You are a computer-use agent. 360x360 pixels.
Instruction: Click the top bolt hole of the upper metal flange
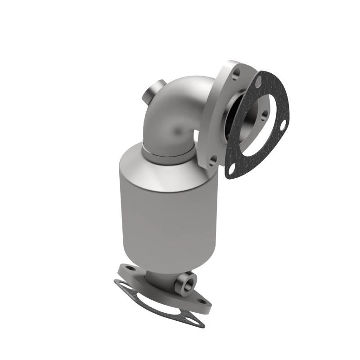pos(238,72)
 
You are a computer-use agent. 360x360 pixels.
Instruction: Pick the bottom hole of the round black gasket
pos(232,170)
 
